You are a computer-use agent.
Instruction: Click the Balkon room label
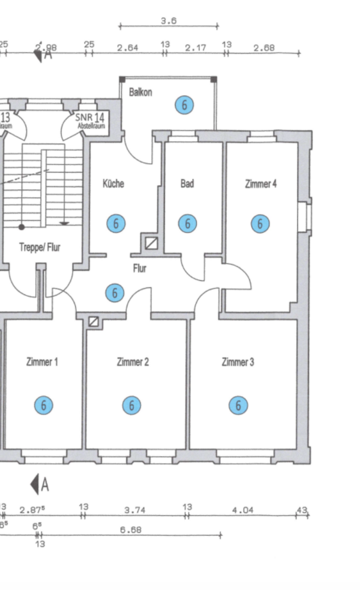click(x=140, y=92)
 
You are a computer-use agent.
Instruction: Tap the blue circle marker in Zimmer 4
click(x=260, y=223)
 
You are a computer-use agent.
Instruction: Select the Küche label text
click(x=113, y=184)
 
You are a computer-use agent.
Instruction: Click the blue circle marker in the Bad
click(x=187, y=223)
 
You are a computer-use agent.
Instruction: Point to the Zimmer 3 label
click(x=238, y=362)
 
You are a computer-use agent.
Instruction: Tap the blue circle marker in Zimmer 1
click(x=44, y=405)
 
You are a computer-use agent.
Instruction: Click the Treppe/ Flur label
click(x=40, y=247)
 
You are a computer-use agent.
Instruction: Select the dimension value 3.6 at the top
click(x=168, y=21)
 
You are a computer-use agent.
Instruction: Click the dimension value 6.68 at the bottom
click(x=132, y=529)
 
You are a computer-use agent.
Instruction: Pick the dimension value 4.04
click(x=243, y=510)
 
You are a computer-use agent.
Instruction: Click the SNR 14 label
click(x=90, y=117)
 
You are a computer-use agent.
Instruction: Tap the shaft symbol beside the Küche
click(x=151, y=242)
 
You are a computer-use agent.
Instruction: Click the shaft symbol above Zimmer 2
click(x=95, y=322)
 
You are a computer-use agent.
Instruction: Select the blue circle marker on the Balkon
click(x=185, y=105)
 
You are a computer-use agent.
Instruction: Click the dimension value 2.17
click(x=195, y=48)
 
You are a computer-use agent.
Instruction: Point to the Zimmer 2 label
click(x=133, y=362)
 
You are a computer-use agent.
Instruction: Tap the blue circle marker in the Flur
click(x=115, y=293)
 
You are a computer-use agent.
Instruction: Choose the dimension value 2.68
click(x=264, y=48)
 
